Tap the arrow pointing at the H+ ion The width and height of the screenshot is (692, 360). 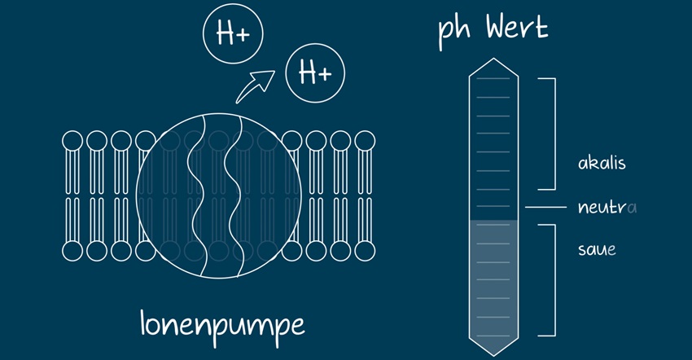[255, 86]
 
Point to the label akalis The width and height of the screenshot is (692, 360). [601, 163]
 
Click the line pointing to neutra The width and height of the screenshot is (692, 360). [545, 208]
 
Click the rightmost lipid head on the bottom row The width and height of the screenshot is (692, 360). [363, 251]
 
